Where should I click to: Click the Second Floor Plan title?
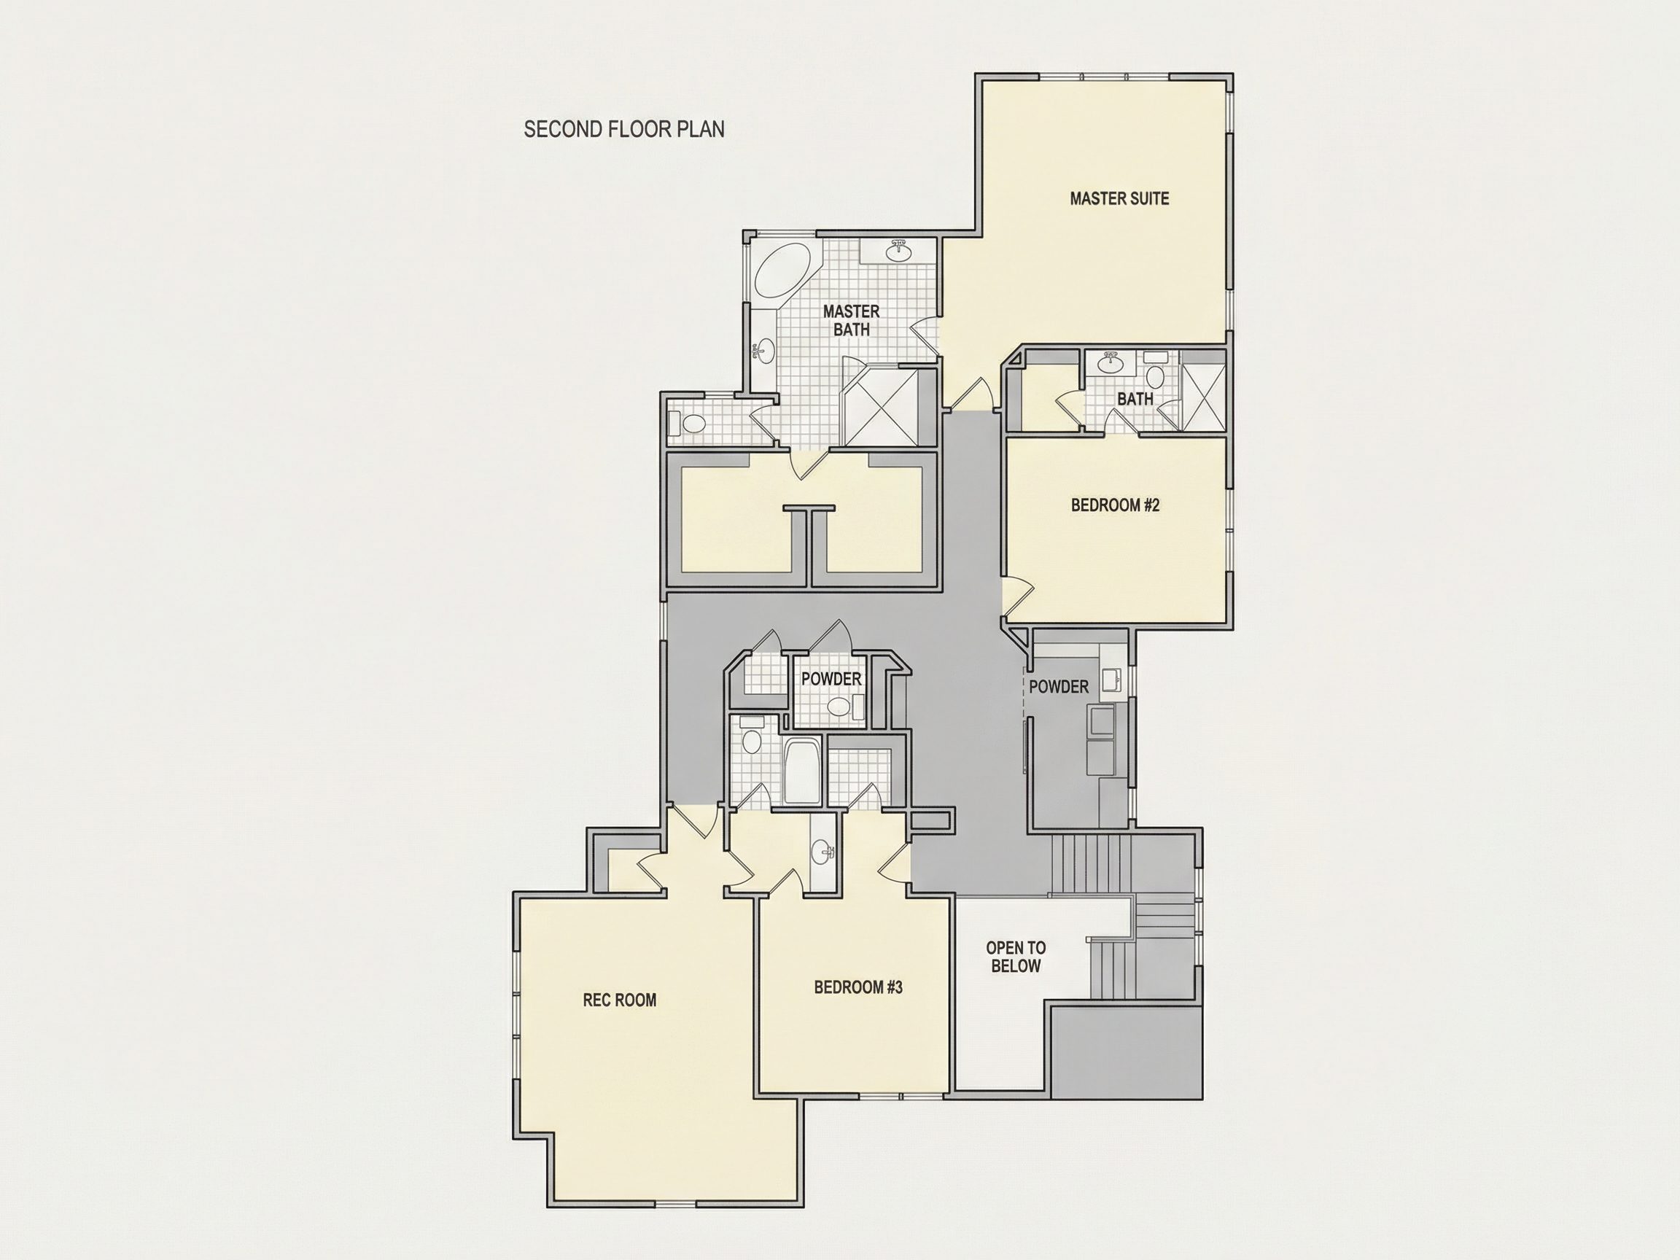click(x=624, y=129)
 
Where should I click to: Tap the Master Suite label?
click(x=1119, y=198)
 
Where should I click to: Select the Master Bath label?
click(x=852, y=321)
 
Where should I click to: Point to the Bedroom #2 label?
click(x=1115, y=505)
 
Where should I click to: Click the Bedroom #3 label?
click(x=858, y=987)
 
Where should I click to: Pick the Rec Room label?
click(x=620, y=1000)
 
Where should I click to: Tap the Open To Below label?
click(x=1016, y=957)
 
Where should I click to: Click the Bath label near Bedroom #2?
click(x=1135, y=399)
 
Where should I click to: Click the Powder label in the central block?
click(x=832, y=679)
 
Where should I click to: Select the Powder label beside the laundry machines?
click(x=1059, y=687)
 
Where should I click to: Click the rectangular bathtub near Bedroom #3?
click(x=801, y=770)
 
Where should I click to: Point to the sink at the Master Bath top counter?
click(x=900, y=251)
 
